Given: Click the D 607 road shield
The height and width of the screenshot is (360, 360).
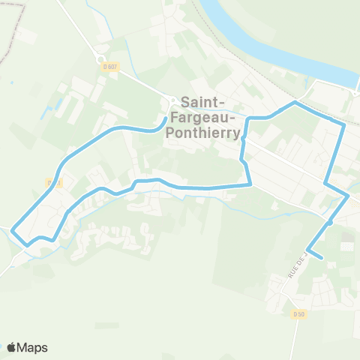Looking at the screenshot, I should pos(110,67).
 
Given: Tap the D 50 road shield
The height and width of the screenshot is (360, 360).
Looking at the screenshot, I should pos(298,314).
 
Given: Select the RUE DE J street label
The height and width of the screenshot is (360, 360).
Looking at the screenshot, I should pos(298,264).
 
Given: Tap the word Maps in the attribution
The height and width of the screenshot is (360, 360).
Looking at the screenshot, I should pos(32,347).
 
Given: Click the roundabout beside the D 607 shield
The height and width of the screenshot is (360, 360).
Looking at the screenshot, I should pos(100,58).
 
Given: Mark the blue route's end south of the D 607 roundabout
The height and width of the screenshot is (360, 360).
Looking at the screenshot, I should pos(165,118).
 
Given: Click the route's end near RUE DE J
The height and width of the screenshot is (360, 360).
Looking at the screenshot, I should pos(322,259).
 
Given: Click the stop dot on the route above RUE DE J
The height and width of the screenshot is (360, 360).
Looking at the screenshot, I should pos(330,222).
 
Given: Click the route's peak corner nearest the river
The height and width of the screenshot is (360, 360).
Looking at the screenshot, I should pos(296,103).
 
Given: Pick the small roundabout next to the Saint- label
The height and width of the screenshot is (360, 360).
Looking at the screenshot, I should pos(172,101).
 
